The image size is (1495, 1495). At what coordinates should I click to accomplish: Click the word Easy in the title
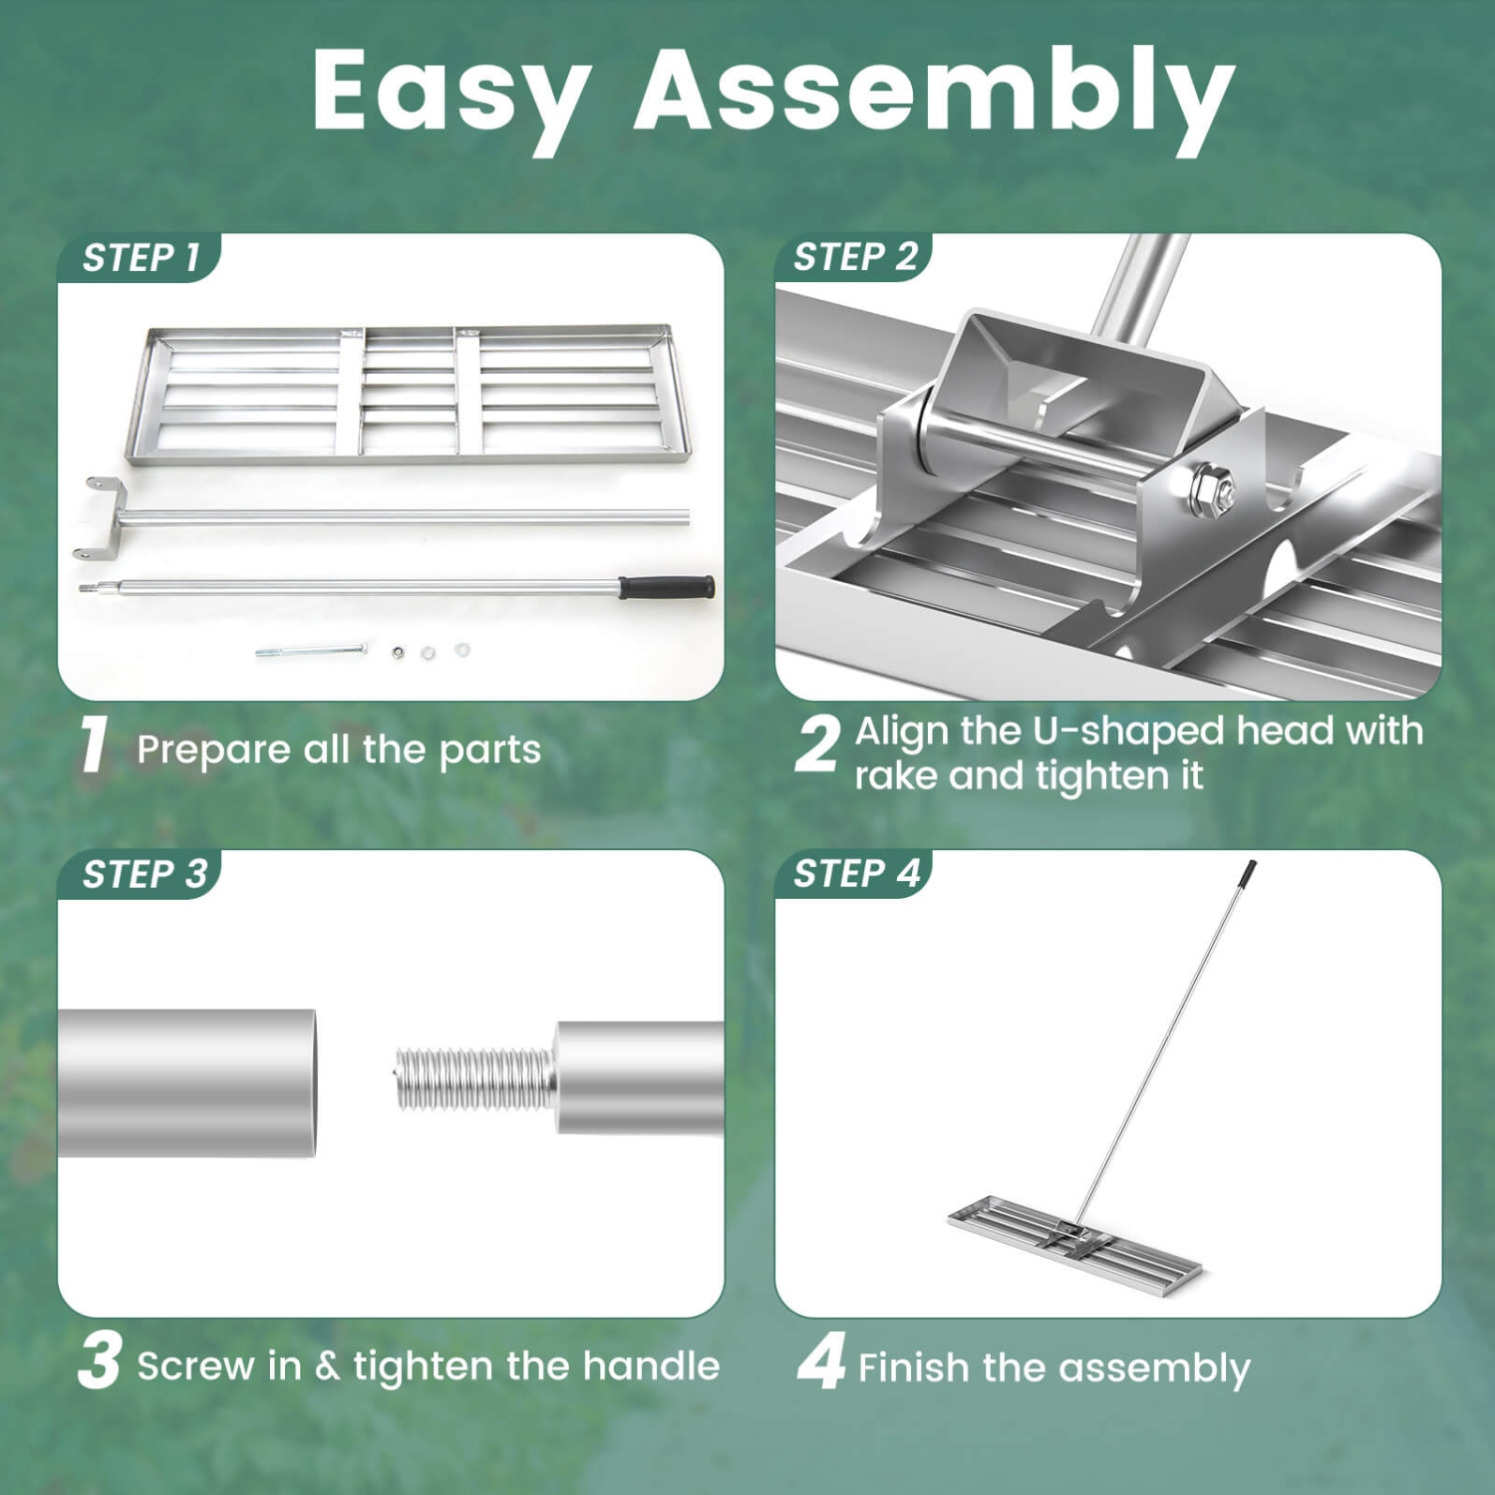coord(450,92)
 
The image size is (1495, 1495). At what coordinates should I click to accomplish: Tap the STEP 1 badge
coord(141,258)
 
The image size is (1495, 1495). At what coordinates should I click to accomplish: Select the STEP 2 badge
coord(854,257)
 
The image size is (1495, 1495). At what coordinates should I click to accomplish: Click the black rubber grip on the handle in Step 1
coord(667,586)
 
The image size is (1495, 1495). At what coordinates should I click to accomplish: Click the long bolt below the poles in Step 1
coord(311,651)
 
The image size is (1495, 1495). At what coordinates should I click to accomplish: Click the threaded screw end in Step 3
coord(470,1078)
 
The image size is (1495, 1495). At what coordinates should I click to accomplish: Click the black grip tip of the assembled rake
coord(1249,873)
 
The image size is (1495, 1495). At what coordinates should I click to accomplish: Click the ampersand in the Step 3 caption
coord(327,1366)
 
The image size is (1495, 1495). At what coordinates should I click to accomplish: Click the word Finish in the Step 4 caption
coord(914,1367)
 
